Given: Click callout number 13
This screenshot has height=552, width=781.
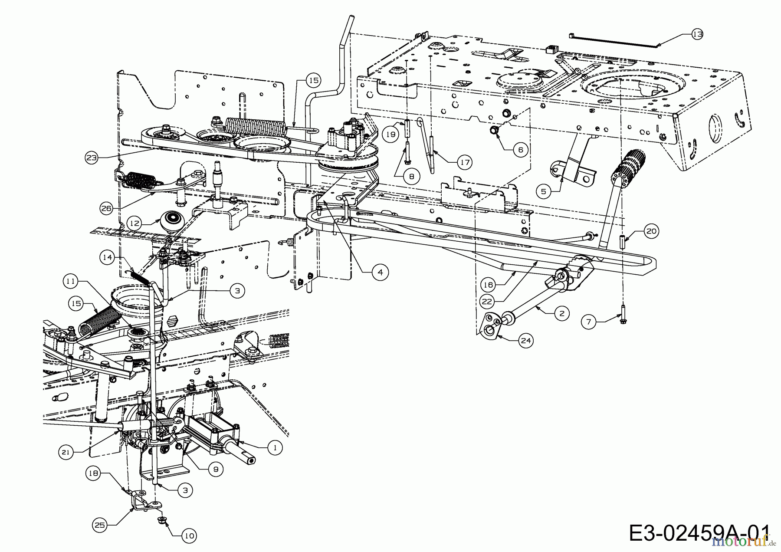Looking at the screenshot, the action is (697, 34).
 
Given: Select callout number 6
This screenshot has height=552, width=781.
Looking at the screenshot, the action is (521, 150).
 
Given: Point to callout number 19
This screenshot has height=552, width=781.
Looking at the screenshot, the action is (391, 135).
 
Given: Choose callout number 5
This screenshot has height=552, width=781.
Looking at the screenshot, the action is (543, 190).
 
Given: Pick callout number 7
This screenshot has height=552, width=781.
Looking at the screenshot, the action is (589, 322).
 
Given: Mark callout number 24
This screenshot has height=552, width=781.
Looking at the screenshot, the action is (525, 341).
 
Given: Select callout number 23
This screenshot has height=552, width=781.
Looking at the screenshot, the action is (92, 158).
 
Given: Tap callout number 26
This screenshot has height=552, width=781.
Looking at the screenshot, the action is (106, 208).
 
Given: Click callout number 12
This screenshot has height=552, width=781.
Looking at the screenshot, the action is (135, 223).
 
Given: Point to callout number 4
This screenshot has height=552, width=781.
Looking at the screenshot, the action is (380, 272).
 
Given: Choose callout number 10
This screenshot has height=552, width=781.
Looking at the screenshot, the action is (189, 535).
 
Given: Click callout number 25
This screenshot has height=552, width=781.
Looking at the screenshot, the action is (100, 525).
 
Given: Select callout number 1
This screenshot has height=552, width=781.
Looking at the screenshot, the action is (275, 447).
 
